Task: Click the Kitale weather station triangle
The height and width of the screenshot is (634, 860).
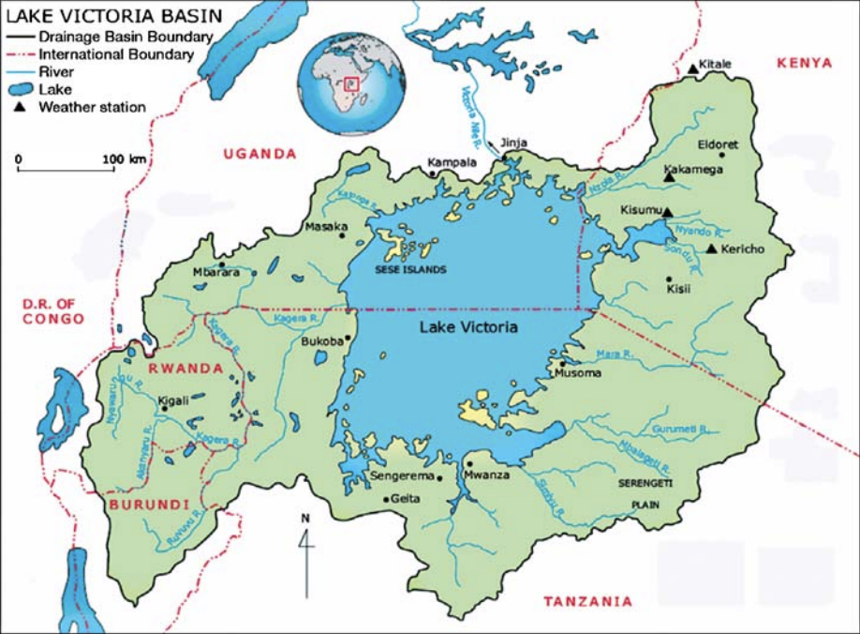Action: pos(692,68)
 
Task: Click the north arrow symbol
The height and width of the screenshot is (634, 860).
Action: pos(305,553)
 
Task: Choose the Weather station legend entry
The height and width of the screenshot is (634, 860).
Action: pos(92,107)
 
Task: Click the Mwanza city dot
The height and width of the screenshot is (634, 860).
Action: pos(467,463)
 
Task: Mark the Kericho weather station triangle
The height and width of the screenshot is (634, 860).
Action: pos(712,249)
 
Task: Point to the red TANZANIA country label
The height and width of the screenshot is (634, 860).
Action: pos(588,601)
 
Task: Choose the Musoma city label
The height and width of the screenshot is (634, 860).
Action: pos(577,374)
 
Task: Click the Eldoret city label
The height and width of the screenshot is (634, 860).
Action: pos(719,145)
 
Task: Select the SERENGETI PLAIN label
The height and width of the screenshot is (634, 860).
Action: pos(641,492)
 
